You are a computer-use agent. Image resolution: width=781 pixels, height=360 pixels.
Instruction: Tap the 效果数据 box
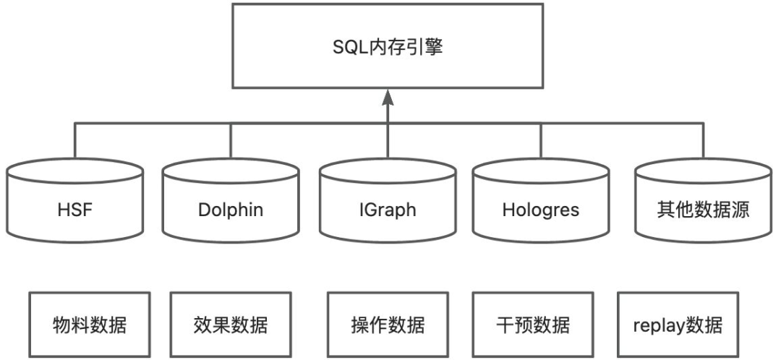point(231,324)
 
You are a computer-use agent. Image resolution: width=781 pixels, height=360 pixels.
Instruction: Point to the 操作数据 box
point(388,324)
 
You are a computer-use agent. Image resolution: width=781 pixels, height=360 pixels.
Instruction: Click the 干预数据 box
point(533,324)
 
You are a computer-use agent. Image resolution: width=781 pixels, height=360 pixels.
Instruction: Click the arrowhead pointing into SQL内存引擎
point(388,96)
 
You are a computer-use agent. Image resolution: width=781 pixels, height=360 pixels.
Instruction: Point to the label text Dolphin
point(231,210)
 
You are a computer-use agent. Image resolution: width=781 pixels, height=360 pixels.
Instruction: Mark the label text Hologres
point(542,210)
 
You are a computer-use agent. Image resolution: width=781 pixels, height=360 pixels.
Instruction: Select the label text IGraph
point(388,210)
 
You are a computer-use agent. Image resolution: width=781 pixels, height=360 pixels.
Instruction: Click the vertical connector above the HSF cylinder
point(75,142)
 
